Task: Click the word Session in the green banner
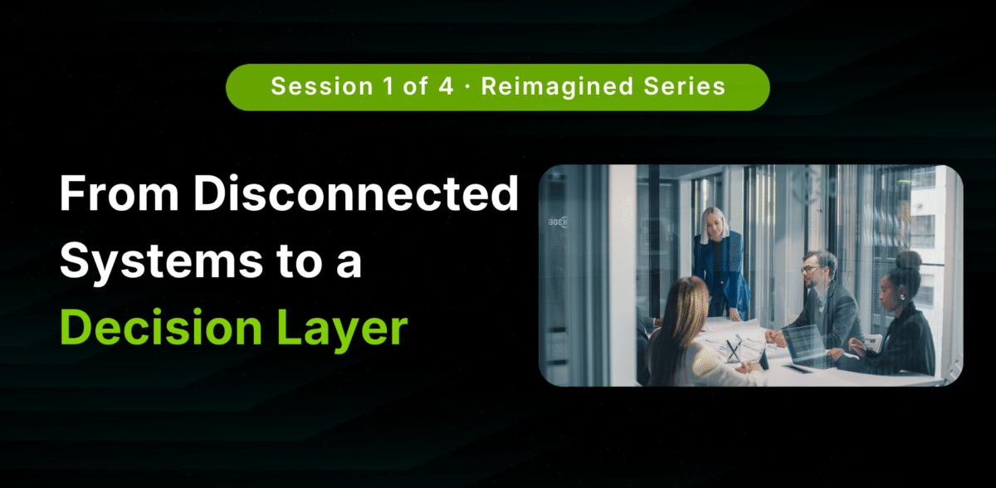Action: (322, 85)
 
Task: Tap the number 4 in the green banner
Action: (446, 85)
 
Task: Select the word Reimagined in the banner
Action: (557, 86)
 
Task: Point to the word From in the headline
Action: (120, 193)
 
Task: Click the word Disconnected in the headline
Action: (356, 193)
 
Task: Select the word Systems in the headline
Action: (161, 262)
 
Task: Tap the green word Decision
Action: (161, 327)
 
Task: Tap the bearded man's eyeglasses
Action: (810, 270)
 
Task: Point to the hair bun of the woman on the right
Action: (908, 260)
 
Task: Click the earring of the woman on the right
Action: (902, 297)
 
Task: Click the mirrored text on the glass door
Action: (558, 222)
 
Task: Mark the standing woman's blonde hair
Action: (715, 225)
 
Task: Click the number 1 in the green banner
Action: (388, 85)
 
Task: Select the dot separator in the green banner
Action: (467, 86)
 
